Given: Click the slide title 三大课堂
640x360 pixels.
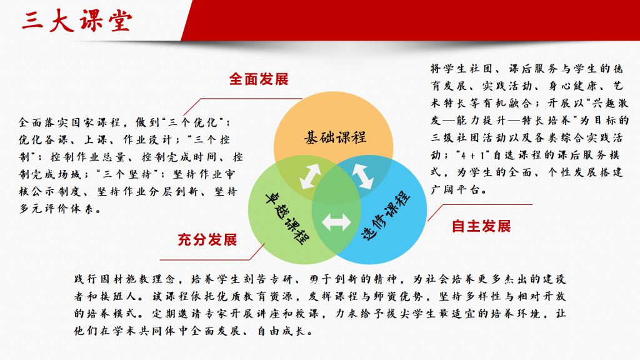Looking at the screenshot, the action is (77, 21).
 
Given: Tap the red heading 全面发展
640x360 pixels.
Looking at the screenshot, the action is (259, 79).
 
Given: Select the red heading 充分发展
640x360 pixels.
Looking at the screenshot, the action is (207, 239).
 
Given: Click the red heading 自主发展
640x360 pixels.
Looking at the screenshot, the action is (481, 226).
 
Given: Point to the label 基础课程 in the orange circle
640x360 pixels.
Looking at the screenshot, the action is (335, 137).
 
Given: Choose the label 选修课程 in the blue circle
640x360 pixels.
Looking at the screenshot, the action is (386, 215).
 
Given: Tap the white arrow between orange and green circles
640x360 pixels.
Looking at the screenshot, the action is (310, 176).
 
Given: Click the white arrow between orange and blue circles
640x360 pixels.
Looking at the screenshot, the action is (362, 176).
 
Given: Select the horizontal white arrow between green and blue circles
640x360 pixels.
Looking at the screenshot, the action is (336, 222).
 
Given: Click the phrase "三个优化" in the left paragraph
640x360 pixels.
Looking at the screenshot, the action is (193, 122).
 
